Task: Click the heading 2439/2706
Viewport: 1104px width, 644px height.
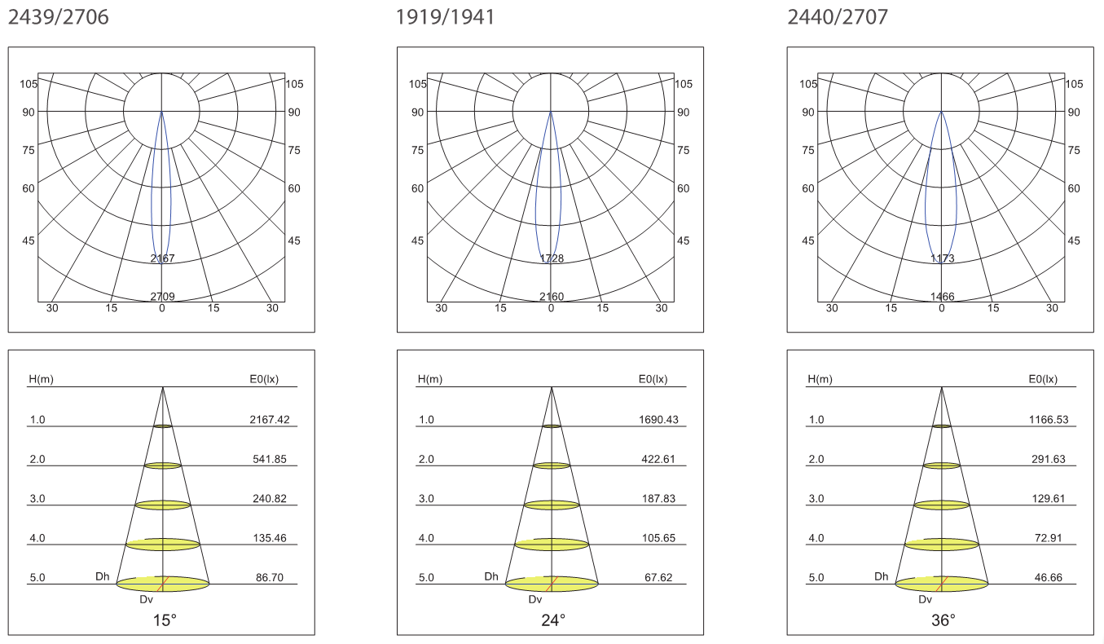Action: point(58,17)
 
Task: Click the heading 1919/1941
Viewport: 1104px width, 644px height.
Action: point(445,17)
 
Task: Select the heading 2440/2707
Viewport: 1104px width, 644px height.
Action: point(838,17)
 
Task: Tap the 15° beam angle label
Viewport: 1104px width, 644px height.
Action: point(165,620)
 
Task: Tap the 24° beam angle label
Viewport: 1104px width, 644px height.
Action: point(553,620)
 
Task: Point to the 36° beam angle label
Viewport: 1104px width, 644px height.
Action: point(943,620)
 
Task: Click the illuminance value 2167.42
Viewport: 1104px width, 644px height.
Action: point(270,420)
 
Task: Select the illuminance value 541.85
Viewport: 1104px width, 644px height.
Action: point(270,459)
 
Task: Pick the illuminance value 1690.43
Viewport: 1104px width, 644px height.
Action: point(658,420)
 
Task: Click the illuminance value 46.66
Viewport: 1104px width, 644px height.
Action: point(1049,577)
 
